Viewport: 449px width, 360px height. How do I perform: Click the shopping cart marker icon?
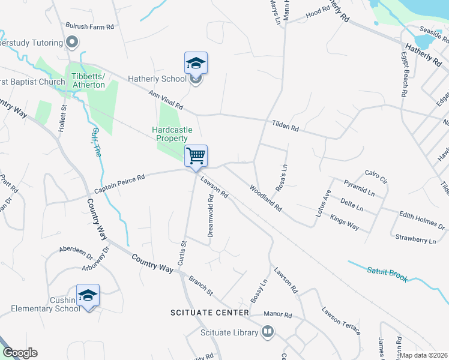196,156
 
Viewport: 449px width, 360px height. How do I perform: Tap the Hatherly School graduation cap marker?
196,63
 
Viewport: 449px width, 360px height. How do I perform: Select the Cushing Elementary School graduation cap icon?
88,295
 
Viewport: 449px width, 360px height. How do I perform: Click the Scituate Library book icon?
268,331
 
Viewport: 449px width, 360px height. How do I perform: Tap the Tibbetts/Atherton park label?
88,80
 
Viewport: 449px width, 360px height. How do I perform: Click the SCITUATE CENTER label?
209,313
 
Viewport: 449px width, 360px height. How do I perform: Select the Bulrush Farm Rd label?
90,27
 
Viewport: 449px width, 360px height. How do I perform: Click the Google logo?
20,353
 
